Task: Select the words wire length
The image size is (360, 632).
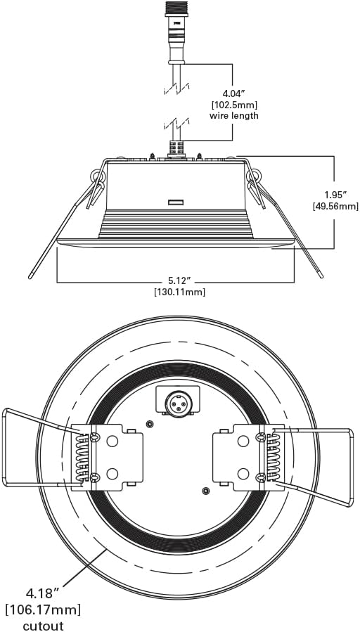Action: tap(234, 116)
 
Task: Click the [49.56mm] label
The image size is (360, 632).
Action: tap(335, 207)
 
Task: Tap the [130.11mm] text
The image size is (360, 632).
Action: tap(180, 292)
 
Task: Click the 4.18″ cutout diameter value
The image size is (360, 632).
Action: tap(43, 593)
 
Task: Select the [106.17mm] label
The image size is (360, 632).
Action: tap(43, 610)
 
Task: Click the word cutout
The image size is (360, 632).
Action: tap(43, 625)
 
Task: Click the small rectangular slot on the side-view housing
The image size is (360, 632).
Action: tap(176, 202)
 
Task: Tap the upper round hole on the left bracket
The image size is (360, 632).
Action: tap(112, 441)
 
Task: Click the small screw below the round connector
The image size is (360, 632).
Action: tap(150, 424)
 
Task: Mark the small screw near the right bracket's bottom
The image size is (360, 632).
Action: tap(206, 491)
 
